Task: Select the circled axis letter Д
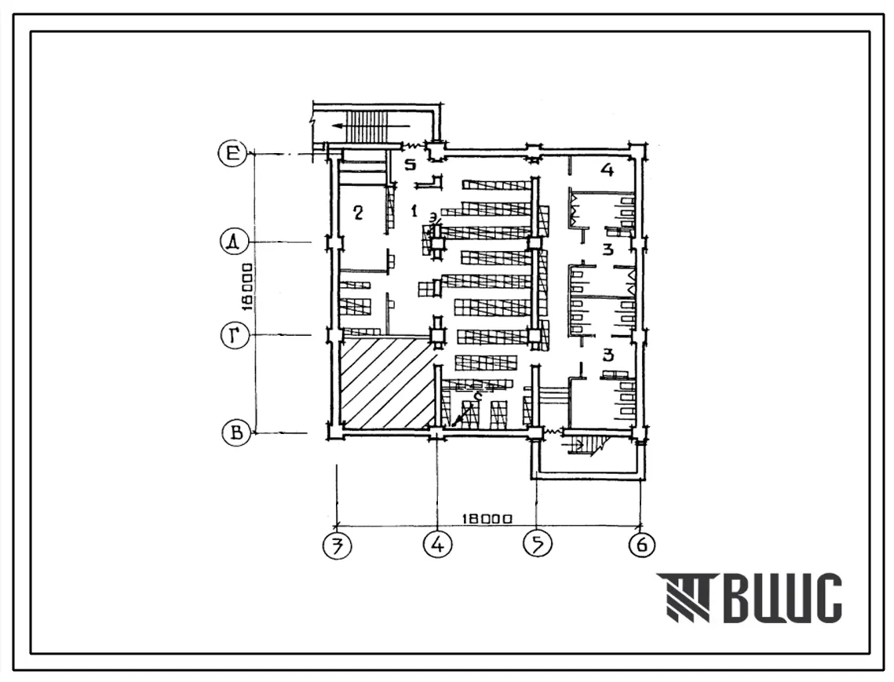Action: click(x=233, y=243)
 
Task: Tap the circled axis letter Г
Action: click(x=233, y=337)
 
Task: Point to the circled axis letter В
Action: click(x=235, y=432)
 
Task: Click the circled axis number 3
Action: click(x=337, y=544)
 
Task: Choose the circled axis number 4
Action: click(x=437, y=544)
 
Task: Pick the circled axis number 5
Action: click(x=537, y=544)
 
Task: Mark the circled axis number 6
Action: click(x=641, y=544)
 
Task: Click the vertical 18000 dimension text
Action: click(x=248, y=287)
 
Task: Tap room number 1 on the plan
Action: click(x=414, y=210)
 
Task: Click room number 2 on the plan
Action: click(x=358, y=212)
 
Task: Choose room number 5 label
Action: click(x=408, y=165)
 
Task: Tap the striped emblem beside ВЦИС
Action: click(x=684, y=598)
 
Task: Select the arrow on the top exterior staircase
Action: click(x=369, y=125)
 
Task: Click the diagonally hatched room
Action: click(x=387, y=384)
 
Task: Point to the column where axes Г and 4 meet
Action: click(x=437, y=336)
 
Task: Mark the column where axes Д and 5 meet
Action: click(x=535, y=243)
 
